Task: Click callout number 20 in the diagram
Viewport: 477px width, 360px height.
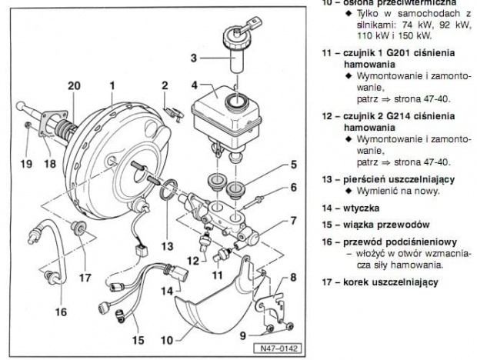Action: pos(73,86)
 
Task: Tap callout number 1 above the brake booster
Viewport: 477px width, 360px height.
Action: pos(112,86)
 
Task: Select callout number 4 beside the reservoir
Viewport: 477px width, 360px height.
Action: pos(174,85)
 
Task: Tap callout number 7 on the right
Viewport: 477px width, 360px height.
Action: pos(293,221)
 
